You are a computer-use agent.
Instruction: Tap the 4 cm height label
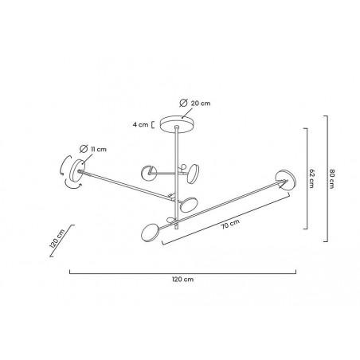pyautogui.click(x=140, y=124)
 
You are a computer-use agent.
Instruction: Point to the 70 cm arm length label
pyautogui.click(x=230, y=225)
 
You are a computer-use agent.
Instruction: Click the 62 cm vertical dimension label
pyautogui.click(x=311, y=178)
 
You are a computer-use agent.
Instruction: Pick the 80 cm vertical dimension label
pyautogui.click(x=331, y=178)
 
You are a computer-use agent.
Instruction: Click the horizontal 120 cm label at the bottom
pyautogui.click(x=182, y=280)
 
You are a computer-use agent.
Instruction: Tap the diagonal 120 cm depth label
pyautogui.click(x=57, y=238)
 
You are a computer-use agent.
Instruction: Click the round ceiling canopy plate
pyautogui.click(x=178, y=123)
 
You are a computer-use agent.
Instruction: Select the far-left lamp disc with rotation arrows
pyautogui.click(x=77, y=170)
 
